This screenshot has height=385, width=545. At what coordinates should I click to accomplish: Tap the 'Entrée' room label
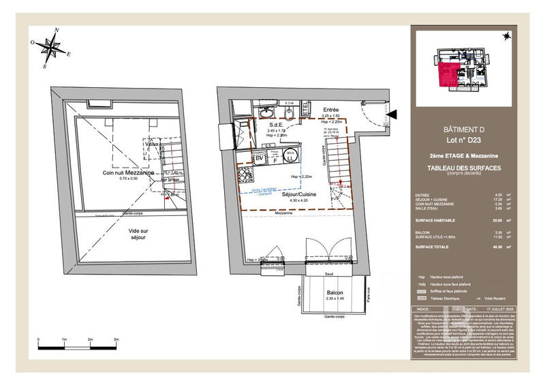tap(331, 109)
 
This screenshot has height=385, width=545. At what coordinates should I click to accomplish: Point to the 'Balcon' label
tap(334, 292)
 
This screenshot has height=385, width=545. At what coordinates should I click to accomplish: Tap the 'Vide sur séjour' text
tap(138, 234)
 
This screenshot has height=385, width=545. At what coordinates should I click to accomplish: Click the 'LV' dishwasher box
tap(260, 158)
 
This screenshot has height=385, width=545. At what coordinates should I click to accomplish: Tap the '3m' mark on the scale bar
tap(116, 339)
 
